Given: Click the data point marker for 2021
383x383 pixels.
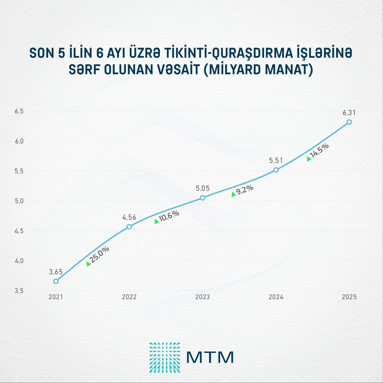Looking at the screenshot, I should [x=56, y=281].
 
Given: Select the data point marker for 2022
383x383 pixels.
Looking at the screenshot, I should [x=129, y=227].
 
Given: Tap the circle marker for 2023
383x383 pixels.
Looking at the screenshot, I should [x=202, y=198].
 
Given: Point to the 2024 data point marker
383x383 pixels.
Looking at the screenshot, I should [x=276, y=170].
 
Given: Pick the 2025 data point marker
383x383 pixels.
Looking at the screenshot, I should [x=349, y=122].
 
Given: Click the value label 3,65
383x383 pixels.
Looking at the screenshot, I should [x=56, y=272].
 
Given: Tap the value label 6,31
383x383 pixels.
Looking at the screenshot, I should [x=349, y=113].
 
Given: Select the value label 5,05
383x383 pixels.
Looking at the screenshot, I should [x=203, y=189].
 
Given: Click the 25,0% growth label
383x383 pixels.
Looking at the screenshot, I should [x=100, y=255].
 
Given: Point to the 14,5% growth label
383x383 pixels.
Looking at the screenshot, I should [x=319, y=150].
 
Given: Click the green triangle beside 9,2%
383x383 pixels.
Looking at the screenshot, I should [x=234, y=194].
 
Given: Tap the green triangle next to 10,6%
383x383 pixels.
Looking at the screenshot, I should [x=156, y=221].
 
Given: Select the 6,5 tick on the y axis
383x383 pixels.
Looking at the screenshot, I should [x=19, y=111].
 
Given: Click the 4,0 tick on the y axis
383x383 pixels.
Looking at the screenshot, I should [x=19, y=261].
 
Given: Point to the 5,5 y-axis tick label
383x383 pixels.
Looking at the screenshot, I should [x=19, y=171].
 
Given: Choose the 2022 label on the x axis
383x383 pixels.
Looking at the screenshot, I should [x=129, y=297].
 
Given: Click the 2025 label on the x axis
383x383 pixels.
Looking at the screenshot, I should [x=349, y=297].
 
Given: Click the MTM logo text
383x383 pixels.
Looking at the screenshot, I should [x=210, y=357].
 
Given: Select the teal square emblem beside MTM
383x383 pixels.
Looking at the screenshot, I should [x=165, y=357].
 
